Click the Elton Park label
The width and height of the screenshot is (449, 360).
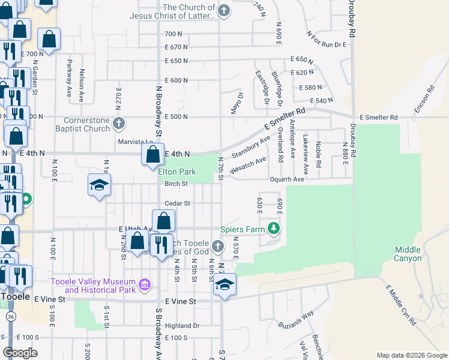coord(177,171)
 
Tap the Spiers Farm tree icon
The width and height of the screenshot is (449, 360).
coord(274,228)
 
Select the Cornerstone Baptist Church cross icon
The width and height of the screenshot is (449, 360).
coord(119,124)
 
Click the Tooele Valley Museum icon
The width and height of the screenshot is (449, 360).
coord(145,283)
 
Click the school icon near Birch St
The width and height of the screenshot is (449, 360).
coord(99,185)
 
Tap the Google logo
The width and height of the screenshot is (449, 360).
coord(20,353)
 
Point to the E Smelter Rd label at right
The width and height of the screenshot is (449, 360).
coord(379,117)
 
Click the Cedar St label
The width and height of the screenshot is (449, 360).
coord(178,203)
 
